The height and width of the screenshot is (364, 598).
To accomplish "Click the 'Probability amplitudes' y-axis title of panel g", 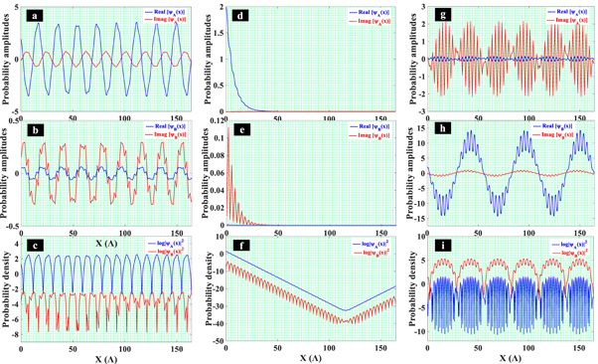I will pos(406,60).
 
